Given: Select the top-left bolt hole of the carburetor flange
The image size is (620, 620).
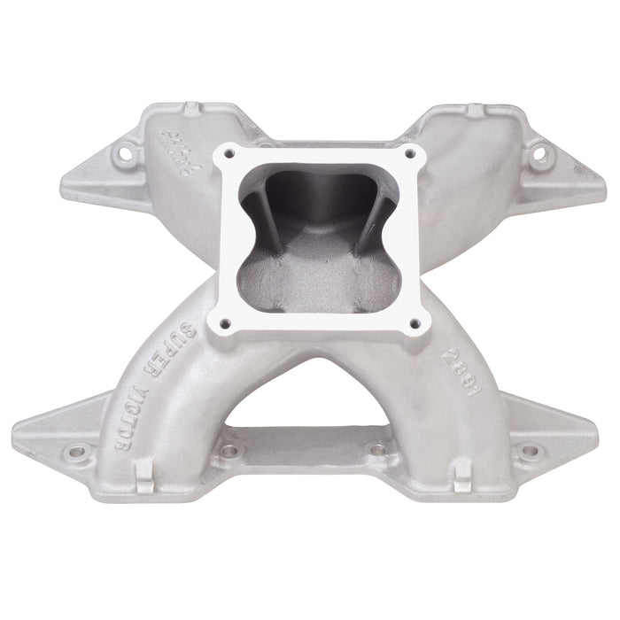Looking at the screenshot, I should pos(230,154).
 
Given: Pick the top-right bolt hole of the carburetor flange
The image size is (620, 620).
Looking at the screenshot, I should pos(409,153).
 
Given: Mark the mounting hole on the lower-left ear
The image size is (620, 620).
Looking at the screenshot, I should pos(78,452).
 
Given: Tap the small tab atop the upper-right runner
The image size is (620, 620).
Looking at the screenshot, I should pos(477,111).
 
